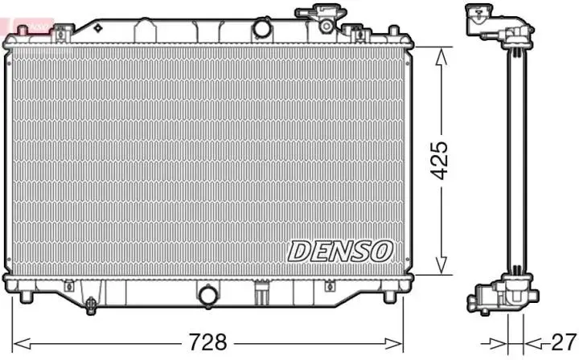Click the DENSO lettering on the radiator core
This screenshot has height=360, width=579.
340,251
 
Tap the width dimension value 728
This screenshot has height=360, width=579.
207,342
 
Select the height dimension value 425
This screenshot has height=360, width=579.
440,161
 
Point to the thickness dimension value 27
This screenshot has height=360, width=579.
562,341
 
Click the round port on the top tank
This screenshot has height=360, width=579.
262,28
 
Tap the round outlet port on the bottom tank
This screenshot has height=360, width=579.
208,296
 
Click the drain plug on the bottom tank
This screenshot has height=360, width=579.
92,305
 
